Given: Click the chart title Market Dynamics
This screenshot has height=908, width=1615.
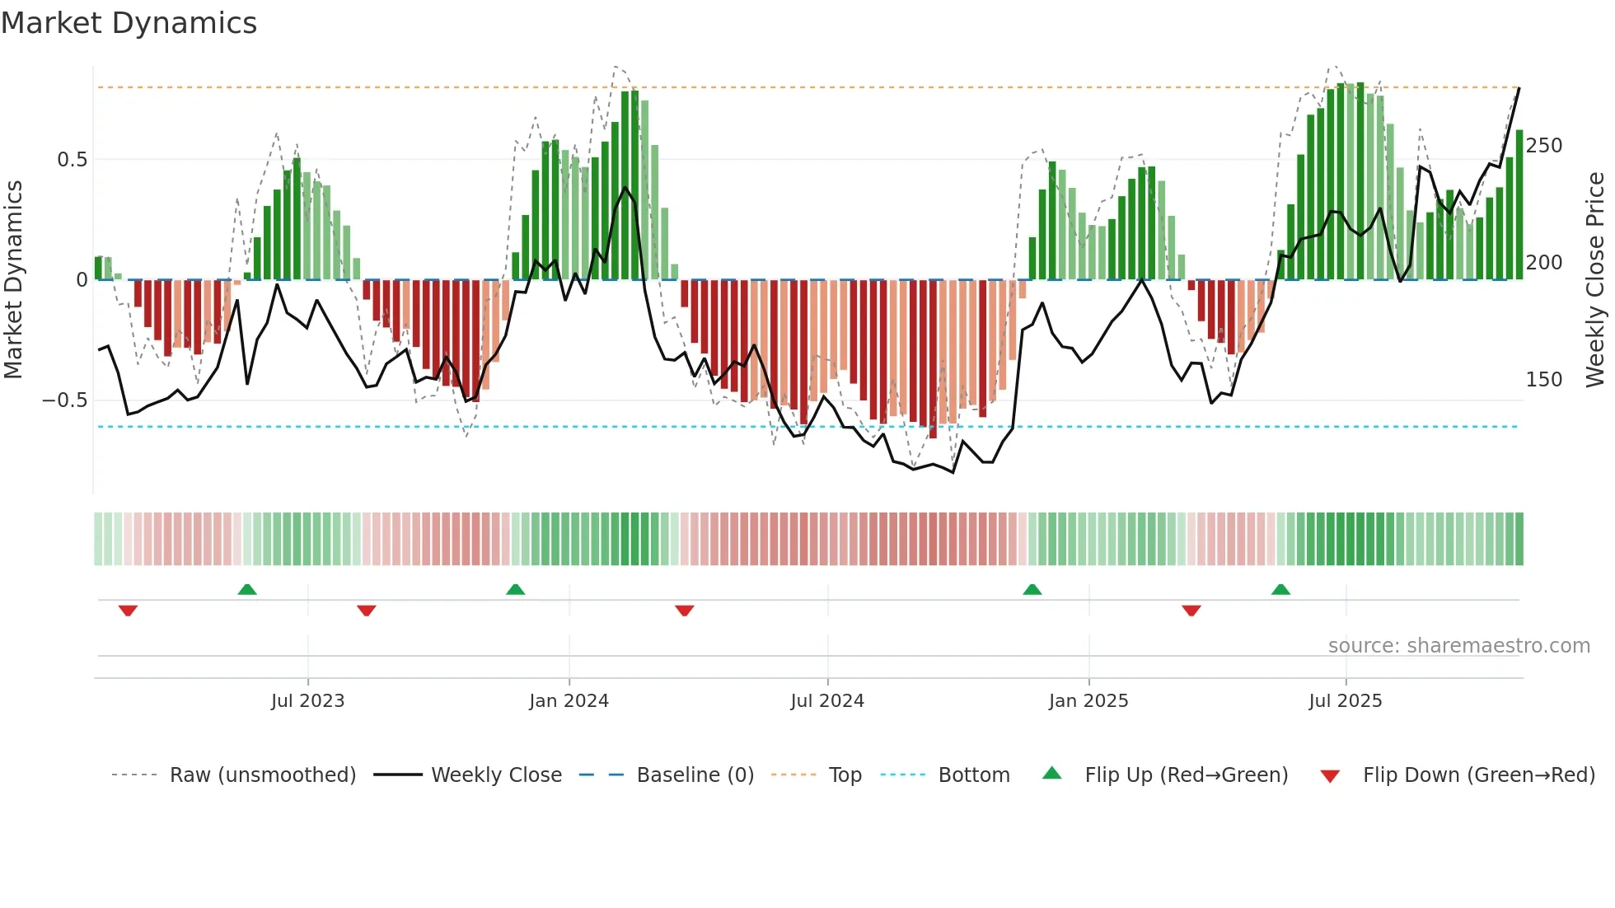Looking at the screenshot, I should [129, 23].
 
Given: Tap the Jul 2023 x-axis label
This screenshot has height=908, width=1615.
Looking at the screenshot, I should [307, 701].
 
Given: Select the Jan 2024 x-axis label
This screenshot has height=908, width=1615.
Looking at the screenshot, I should [569, 701].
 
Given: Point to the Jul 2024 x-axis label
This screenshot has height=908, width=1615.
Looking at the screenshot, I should [827, 701].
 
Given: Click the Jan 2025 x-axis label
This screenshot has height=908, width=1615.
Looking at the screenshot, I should [1088, 701].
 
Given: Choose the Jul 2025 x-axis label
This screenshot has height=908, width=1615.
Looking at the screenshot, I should [1346, 701].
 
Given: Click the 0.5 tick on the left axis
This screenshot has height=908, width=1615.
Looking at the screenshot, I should [73, 160].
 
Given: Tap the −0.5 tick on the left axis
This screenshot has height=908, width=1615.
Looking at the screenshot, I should [65, 400].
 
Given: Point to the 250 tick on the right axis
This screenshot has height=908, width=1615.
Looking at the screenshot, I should [1544, 146].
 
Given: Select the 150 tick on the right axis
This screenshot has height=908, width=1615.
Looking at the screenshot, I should [1544, 380].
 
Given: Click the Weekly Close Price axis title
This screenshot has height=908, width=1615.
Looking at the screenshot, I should [1596, 280].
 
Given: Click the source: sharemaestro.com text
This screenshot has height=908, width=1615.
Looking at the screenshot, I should [1458, 646].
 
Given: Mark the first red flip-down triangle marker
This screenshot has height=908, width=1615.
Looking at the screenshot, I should [128, 611].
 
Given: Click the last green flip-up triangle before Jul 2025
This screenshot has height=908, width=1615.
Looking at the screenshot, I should [1280, 589].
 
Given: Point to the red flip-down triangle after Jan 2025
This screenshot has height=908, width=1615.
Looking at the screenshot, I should [1191, 611].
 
